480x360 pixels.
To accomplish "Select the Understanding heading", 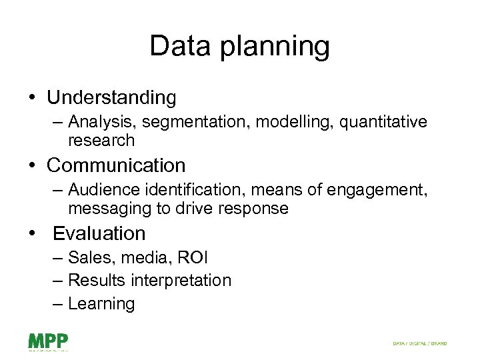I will pyautogui.click(x=111, y=98).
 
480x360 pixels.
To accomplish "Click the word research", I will pyautogui.click(x=101, y=140).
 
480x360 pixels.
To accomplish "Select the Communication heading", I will pyautogui.click(x=116, y=165).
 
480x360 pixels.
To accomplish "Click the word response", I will pyautogui.click(x=252, y=209).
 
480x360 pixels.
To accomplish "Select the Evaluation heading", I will pyautogui.click(x=99, y=233).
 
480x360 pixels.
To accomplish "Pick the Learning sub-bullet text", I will pyautogui.click(x=101, y=304).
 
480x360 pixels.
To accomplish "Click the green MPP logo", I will pyautogui.click(x=48, y=342).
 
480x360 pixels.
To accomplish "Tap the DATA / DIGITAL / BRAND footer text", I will pyautogui.click(x=419, y=343).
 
